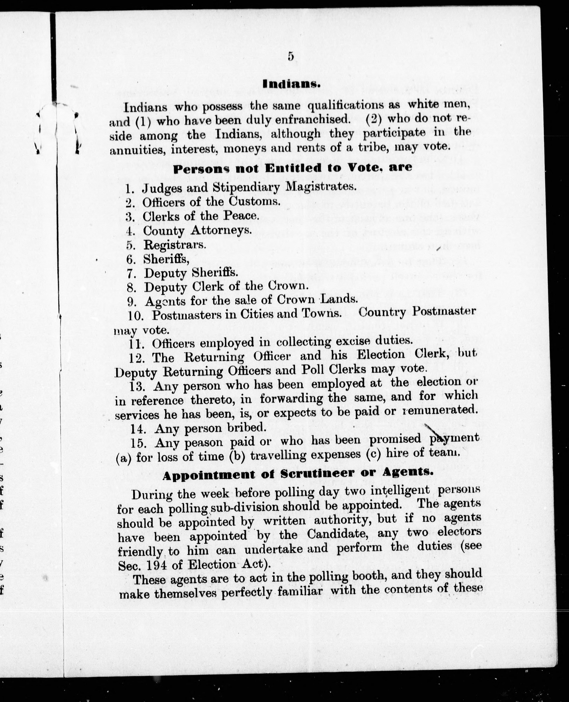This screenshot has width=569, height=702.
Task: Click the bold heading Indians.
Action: (x=291, y=84)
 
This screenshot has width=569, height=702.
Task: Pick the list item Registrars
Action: (x=175, y=245)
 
